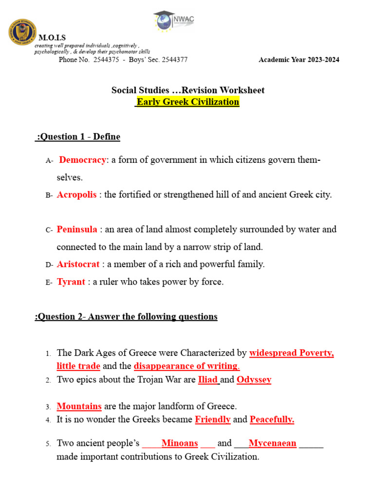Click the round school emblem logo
[x=22, y=32]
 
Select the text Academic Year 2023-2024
[x=299, y=60]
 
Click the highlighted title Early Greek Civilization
[x=187, y=102]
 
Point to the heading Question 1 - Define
[x=78, y=137]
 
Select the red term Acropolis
[x=76, y=195]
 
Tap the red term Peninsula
[x=77, y=230]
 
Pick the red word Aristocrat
[x=78, y=265]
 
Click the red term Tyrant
[x=71, y=282]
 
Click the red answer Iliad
[x=207, y=380]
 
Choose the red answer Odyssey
[x=254, y=380]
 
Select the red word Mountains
[x=79, y=406]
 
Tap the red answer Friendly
[x=212, y=420]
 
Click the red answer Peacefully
[x=272, y=420]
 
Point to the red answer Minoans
[x=179, y=443]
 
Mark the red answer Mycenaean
[x=272, y=443]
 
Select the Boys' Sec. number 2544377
[x=170, y=60]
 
